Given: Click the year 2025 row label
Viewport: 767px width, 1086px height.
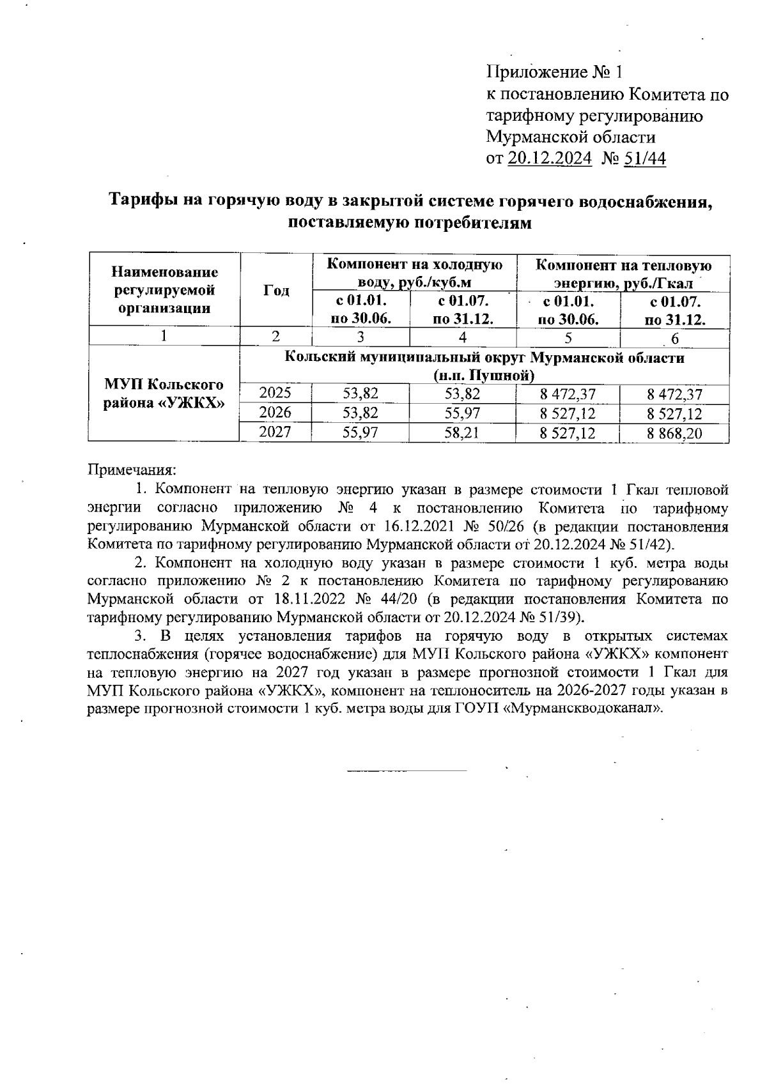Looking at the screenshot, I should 275,394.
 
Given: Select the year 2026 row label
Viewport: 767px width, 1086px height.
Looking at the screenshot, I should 275,413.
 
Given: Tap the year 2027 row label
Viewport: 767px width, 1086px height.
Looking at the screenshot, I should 275,432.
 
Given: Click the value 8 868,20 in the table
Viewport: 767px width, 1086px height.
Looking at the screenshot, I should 674,434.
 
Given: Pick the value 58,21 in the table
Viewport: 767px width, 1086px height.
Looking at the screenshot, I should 462,433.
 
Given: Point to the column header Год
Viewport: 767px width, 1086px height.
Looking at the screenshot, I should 276,291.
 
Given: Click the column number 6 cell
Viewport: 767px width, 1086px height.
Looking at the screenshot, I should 675,338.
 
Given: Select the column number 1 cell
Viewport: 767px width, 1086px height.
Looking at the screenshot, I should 164,337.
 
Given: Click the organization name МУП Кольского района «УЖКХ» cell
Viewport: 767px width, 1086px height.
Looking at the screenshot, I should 164,394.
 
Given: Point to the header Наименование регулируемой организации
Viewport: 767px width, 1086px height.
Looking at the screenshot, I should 164,291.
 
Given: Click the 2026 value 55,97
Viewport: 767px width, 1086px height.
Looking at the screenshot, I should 462,413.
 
